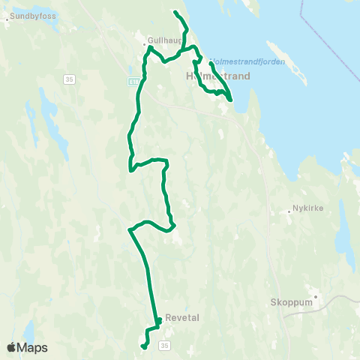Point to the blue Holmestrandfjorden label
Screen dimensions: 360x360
point(247,61)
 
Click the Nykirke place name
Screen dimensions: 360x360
point(309,209)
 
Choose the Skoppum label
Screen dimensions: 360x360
point(289,304)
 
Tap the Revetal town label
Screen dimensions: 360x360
point(181,317)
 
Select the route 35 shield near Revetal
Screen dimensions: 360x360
point(164,345)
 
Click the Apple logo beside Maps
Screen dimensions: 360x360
point(12,347)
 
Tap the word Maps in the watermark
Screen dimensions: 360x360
point(32,347)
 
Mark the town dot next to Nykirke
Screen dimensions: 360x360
point(289,211)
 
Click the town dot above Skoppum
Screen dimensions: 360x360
point(316,295)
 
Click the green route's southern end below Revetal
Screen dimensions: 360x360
point(143,346)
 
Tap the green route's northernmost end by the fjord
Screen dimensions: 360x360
point(175,12)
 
